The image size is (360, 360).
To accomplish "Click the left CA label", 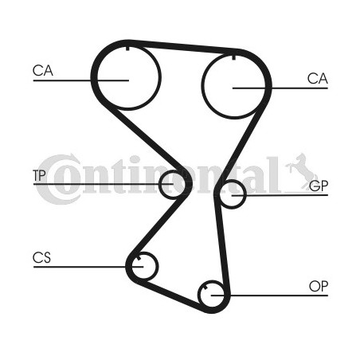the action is click(x=43, y=71).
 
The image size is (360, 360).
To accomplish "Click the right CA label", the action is click(x=318, y=79).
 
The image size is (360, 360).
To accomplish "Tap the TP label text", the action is click(x=39, y=175).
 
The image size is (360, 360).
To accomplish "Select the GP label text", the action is click(x=319, y=186).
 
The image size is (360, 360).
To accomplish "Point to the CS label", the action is click(x=41, y=257).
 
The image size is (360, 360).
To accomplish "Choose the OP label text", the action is click(x=319, y=286).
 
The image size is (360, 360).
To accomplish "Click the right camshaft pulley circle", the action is click(x=202, y=86).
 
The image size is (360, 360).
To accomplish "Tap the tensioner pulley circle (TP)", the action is click(x=160, y=185).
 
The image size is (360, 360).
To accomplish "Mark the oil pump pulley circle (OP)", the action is click(x=199, y=295).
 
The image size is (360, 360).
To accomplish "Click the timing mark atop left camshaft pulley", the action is click(x=127, y=49).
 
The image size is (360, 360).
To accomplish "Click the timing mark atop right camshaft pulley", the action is click(x=233, y=57).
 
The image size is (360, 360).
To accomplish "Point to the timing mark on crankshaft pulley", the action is click(x=138, y=258).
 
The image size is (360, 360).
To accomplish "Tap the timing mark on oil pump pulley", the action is click(x=205, y=288).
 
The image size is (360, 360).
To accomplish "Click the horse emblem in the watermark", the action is click(x=302, y=171).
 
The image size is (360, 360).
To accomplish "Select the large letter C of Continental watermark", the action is click(x=57, y=180).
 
